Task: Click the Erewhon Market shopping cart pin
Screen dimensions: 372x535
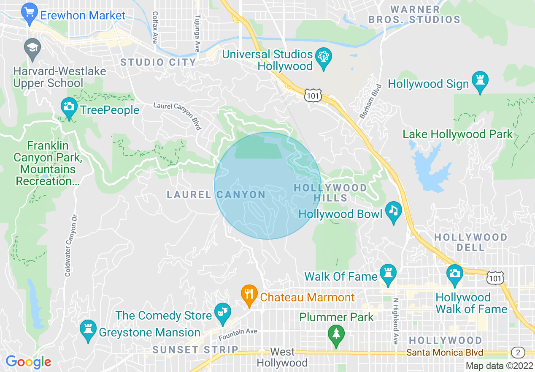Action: point(30,14)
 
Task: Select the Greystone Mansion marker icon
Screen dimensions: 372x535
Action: point(88,331)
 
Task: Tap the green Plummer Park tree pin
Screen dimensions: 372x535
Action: point(336,336)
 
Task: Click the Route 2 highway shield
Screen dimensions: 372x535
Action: point(517,352)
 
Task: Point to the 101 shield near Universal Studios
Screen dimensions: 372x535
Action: point(313,96)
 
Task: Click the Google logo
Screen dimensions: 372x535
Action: point(28,362)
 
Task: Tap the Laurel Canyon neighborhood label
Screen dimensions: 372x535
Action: point(216,195)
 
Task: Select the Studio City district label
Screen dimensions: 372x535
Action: point(158,63)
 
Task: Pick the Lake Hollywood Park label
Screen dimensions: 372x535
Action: point(457,134)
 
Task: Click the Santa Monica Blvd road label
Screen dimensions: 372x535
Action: point(445,353)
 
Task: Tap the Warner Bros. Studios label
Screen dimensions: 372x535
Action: point(414,14)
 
